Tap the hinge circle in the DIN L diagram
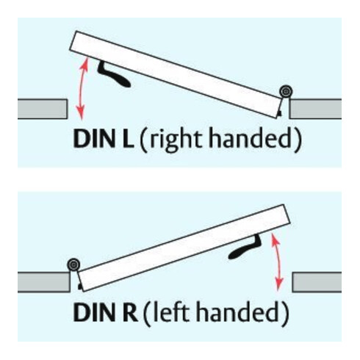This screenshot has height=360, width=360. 286,92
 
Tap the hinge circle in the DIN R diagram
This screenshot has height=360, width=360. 73,264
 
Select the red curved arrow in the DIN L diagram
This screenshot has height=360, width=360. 84,87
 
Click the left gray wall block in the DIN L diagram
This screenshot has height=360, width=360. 43,109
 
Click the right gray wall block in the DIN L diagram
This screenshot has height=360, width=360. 315,109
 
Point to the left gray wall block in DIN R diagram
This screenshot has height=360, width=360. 44,282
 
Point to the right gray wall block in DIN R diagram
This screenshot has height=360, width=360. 317,282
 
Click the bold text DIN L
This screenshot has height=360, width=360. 104,139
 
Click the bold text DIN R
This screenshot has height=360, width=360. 105,312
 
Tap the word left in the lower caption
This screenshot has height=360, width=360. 170,312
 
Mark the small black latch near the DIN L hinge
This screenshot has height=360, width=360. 279,113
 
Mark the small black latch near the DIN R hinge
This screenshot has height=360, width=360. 79,286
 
